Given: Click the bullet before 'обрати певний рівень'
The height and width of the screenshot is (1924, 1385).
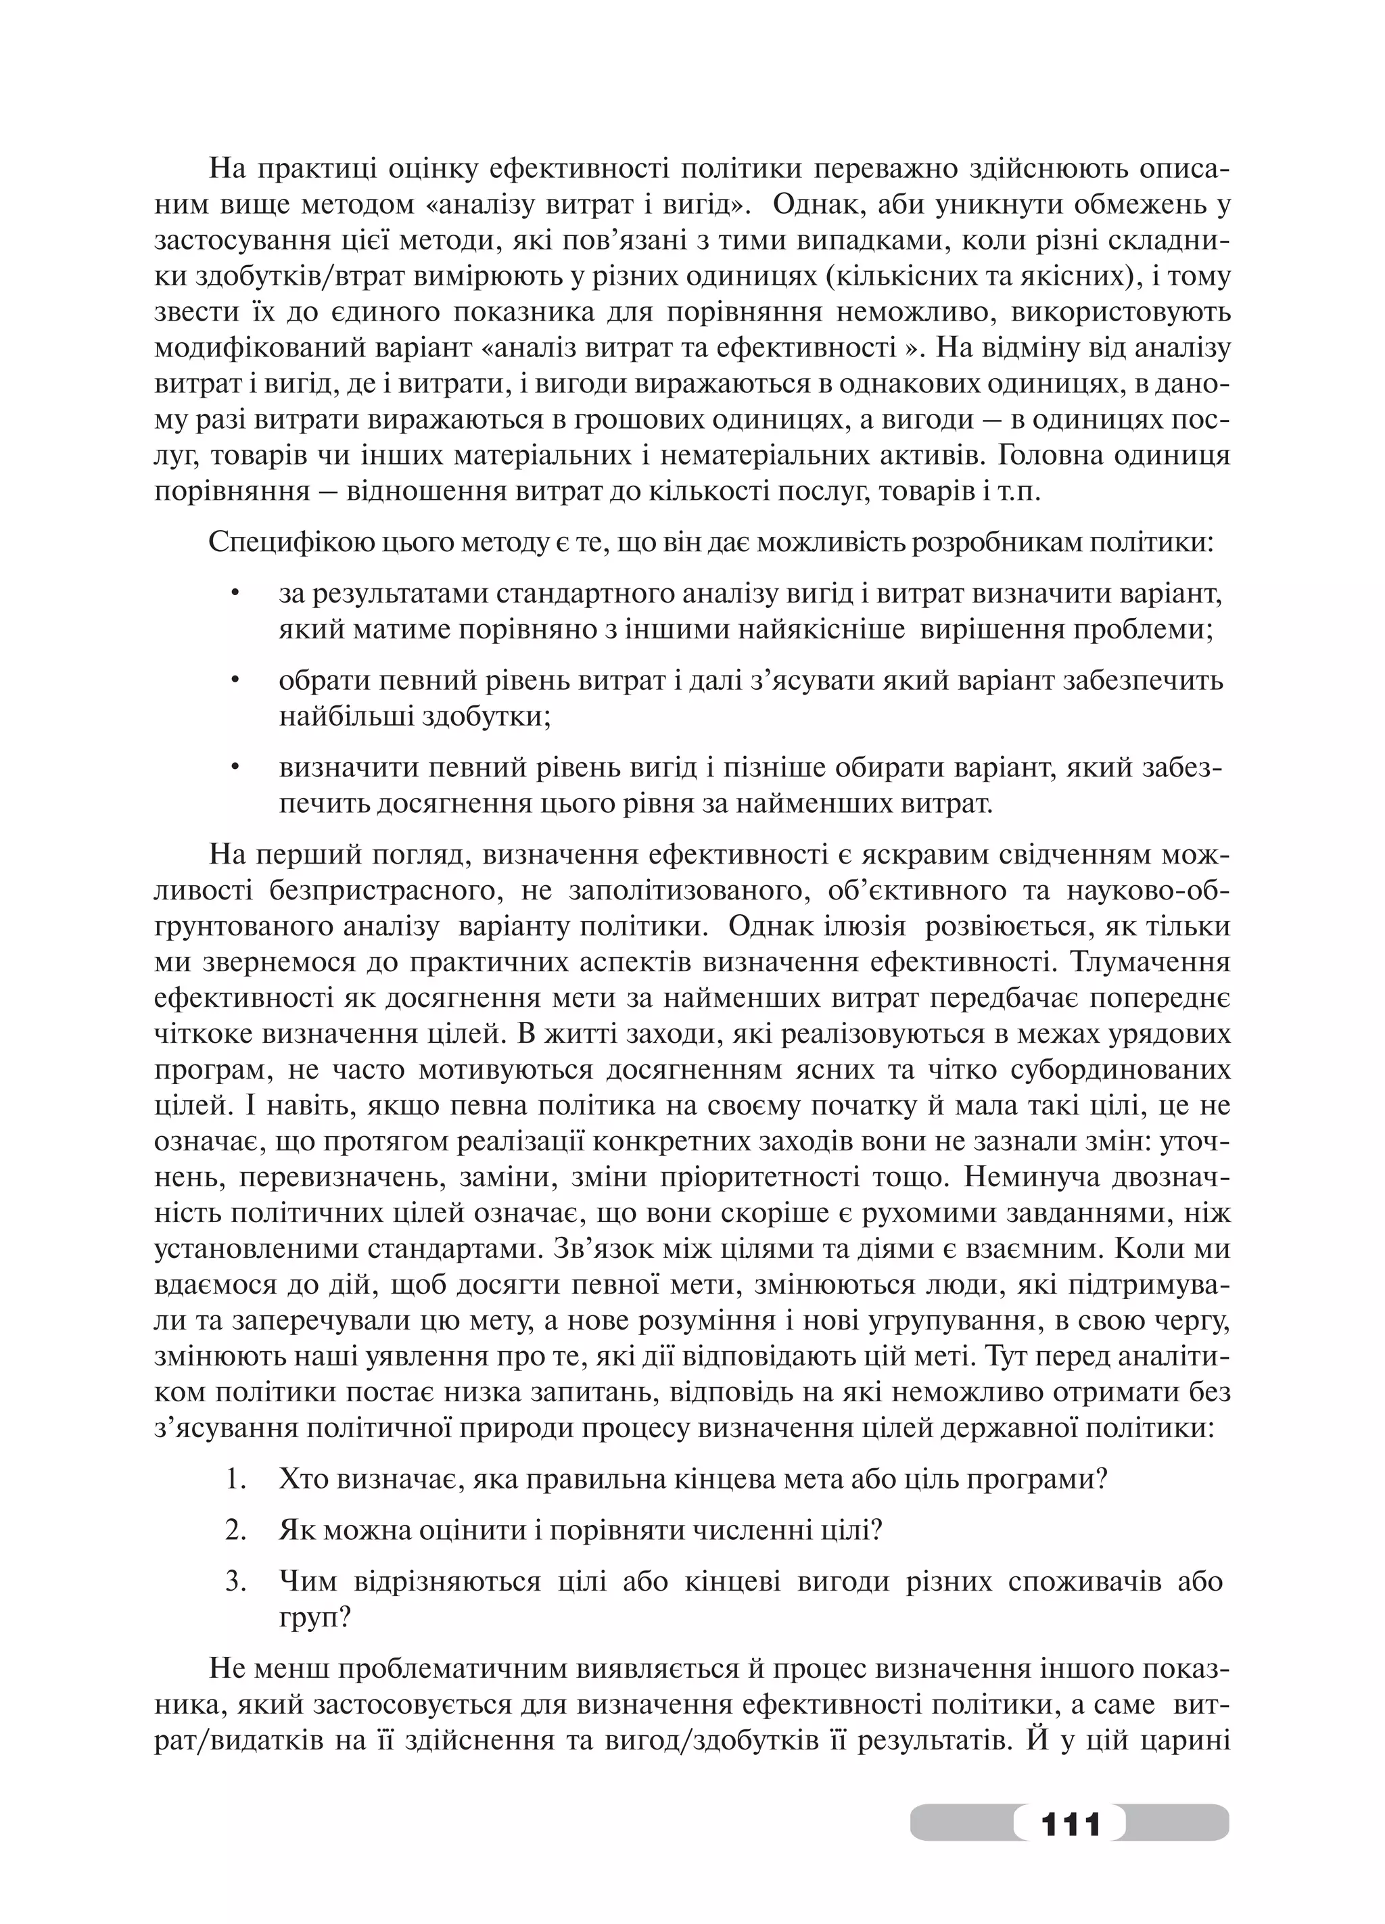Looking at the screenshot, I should pyautogui.click(x=236, y=681).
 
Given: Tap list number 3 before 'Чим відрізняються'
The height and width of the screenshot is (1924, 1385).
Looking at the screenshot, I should pyautogui.click(x=236, y=1580).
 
